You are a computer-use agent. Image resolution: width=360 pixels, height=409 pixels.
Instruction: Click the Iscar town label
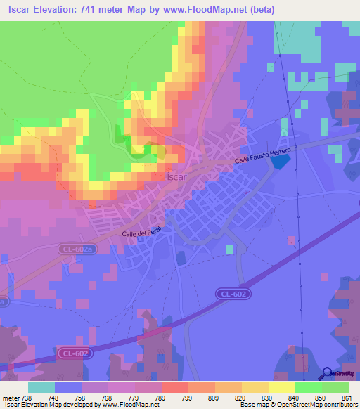click(176, 177)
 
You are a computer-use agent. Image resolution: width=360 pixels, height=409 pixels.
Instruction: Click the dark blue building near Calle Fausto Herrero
click(280, 161)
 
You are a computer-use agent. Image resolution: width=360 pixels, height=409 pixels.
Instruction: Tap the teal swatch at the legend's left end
click(41, 387)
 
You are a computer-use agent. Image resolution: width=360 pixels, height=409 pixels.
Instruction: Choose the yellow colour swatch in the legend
click(282, 387)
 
